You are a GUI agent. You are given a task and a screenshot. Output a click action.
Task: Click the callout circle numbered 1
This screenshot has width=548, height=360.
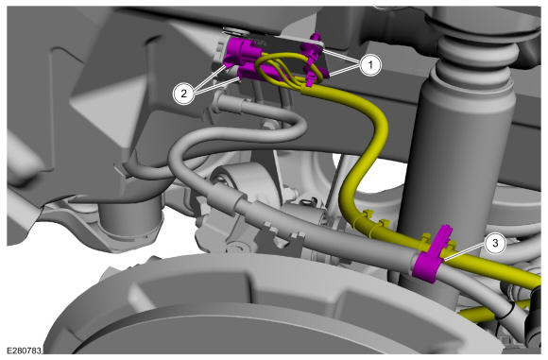(370, 65)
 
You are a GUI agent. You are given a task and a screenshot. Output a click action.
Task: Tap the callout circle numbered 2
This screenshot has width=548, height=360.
(184, 94)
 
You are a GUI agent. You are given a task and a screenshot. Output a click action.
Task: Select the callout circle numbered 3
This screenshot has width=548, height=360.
(495, 243)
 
